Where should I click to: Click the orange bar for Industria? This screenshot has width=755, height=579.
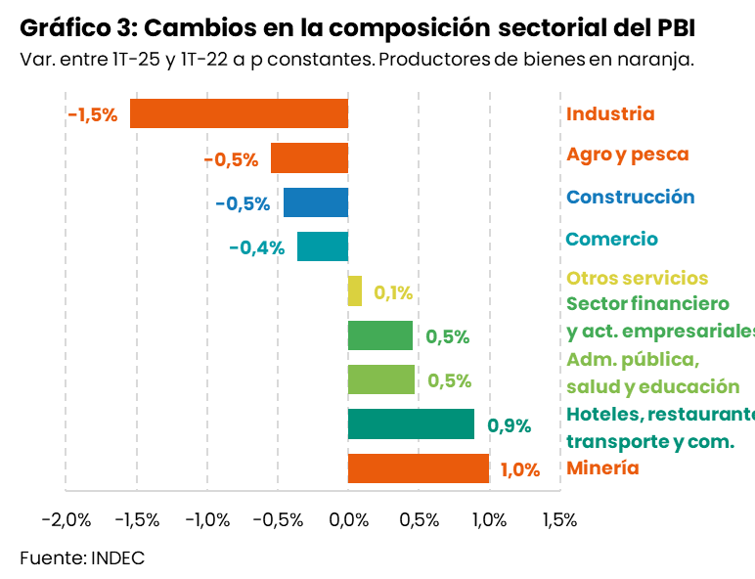(x=240, y=114)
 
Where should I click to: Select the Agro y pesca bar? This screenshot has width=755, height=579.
(x=309, y=158)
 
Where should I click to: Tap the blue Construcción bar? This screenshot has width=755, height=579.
(x=316, y=202)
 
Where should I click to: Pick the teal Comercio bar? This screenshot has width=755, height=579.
(x=323, y=246)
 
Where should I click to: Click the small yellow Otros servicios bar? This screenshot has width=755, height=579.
(x=355, y=291)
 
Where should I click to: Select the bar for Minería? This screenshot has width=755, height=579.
(x=419, y=468)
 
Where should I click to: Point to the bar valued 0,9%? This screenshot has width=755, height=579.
(x=411, y=424)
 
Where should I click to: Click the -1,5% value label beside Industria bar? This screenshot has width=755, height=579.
(x=93, y=115)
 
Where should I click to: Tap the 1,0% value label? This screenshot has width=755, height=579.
(x=520, y=469)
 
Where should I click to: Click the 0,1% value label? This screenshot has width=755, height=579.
(x=393, y=292)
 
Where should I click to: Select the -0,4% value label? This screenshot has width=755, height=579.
(x=256, y=247)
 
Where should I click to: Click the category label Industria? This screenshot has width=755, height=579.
(x=610, y=114)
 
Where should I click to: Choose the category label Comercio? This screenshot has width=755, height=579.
(x=612, y=240)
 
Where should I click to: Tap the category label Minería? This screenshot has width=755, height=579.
(x=602, y=468)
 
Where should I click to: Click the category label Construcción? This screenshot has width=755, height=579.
(x=631, y=198)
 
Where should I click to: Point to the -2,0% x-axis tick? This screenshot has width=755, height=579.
(x=67, y=519)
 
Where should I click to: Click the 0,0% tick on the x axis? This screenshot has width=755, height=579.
(x=348, y=519)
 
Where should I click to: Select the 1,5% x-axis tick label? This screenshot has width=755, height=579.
(x=559, y=519)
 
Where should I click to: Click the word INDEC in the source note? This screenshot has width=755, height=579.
(x=117, y=558)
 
